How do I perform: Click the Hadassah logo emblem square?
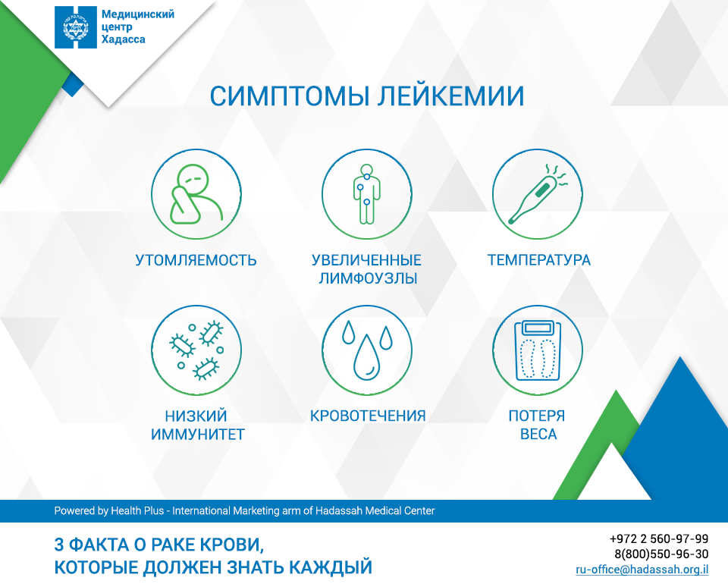(x=76, y=27)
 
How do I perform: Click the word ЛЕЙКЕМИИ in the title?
(x=450, y=96)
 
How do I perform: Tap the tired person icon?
(x=196, y=194)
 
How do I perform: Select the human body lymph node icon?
(x=367, y=193)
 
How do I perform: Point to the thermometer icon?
(x=538, y=194)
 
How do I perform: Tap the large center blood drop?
(x=367, y=358)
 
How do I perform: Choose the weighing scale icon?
(x=538, y=350)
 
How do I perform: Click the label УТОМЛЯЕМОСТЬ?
(x=196, y=260)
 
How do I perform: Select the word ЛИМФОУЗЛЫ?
(x=368, y=278)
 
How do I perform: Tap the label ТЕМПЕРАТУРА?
(x=538, y=260)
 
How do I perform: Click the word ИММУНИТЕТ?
(x=198, y=435)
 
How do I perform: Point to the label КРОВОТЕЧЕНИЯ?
(x=368, y=416)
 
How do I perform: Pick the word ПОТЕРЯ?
(x=537, y=416)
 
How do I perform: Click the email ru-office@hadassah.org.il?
(x=642, y=570)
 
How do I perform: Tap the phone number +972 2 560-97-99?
(x=659, y=538)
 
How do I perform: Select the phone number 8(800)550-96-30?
(x=661, y=554)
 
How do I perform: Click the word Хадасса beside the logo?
(x=123, y=39)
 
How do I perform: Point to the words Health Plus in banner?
(x=137, y=511)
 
